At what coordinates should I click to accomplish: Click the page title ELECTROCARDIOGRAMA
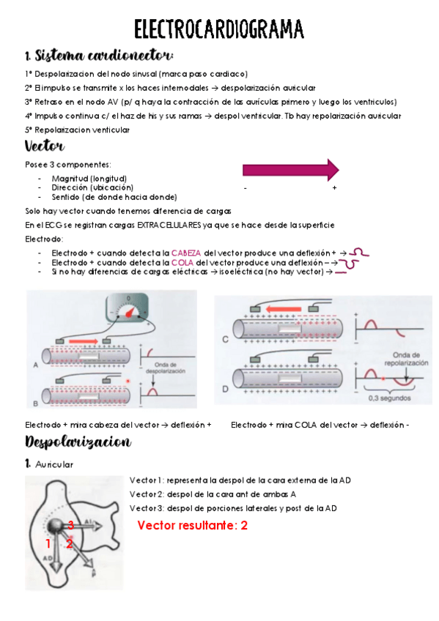coord(219,29)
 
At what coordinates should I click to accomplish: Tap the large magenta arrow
coord(290,170)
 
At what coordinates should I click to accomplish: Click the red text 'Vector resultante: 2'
coord(192,526)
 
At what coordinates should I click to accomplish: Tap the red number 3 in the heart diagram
coord(71,524)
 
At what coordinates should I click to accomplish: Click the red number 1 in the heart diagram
coord(48,543)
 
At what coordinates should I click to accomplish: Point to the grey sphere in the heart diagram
coord(57,527)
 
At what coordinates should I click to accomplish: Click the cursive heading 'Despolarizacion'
coord(78,442)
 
